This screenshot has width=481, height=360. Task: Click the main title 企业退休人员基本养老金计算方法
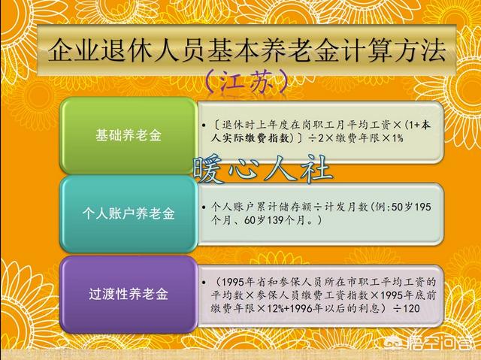click(x=247, y=50)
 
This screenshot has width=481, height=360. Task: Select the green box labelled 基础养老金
click(x=129, y=135)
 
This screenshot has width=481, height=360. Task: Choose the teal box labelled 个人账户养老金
click(x=129, y=213)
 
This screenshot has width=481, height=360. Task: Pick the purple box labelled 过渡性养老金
click(x=129, y=294)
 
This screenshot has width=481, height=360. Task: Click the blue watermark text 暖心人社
click(x=263, y=170)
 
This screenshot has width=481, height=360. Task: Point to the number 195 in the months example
click(x=422, y=207)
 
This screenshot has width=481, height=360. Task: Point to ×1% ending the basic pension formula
click(x=393, y=138)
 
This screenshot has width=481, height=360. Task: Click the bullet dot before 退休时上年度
click(x=204, y=126)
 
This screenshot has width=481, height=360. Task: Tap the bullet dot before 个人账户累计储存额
click(x=204, y=207)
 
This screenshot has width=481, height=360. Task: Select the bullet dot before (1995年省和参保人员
click(x=204, y=282)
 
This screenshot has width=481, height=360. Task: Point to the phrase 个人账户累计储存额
click(x=261, y=207)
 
